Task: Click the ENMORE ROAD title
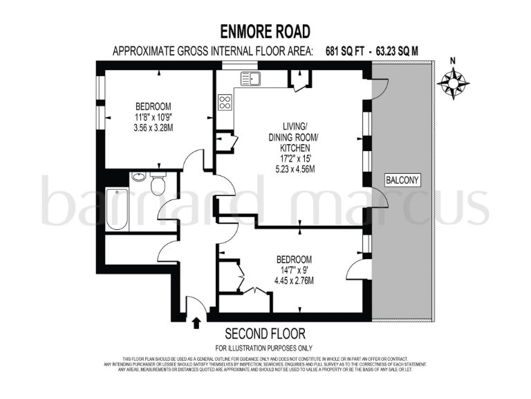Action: [265, 31]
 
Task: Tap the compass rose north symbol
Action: [453, 82]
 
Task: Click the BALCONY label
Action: [402, 181]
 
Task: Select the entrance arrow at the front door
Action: [196, 322]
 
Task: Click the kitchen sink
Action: [250, 78]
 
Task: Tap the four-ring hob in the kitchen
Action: [225, 103]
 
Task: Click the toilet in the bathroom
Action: [158, 184]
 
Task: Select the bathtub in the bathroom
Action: [118, 210]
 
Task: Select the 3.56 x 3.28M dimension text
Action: [153, 128]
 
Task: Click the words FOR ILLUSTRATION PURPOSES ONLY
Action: [264, 348]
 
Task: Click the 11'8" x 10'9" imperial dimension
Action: [153, 117]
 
